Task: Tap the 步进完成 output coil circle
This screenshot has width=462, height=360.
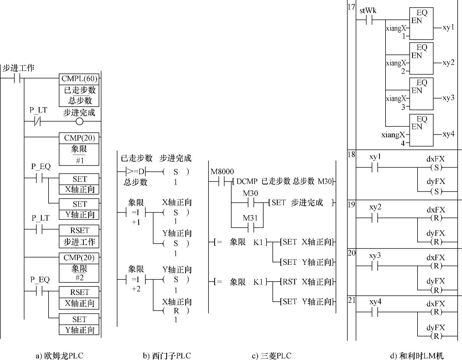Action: pyautogui.click(x=79, y=121)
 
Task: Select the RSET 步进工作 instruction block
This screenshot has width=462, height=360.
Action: pyautogui.click(x=79, y=236)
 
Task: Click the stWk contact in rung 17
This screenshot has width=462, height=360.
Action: pyautogui.click(x=369, y=20)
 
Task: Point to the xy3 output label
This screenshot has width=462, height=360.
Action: pyautogui.click(x=448, y=98)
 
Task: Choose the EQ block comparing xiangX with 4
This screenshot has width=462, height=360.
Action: pyautogui.click(x=421, y=130)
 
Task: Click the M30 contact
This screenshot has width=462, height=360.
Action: pyautogui.click(x=251, y=203)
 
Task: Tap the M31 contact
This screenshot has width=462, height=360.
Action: pyautogui.click(x=251, y=227)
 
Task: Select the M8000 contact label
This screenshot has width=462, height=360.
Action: pyautogui.click(x=222, y=172)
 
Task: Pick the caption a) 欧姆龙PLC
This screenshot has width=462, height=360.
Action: pyautogui.click(x=59, y=355)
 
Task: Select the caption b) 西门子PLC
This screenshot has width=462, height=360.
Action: pyautogui.click(x=167, y=355)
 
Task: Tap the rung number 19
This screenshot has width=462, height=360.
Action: pyautogui.click(x=351, y=204)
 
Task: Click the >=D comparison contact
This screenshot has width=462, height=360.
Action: pyautogui.click(x=136, y=172)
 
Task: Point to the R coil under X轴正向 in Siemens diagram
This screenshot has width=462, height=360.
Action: pyautogui.click(x=176, y=311)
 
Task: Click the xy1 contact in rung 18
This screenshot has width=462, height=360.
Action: pyautogui.click(x=375, y=168)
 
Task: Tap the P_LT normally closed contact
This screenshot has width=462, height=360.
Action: pyautogui.click(x=37, y=121)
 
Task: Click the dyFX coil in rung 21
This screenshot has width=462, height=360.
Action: pyautogui.click(x=436, y=336)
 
